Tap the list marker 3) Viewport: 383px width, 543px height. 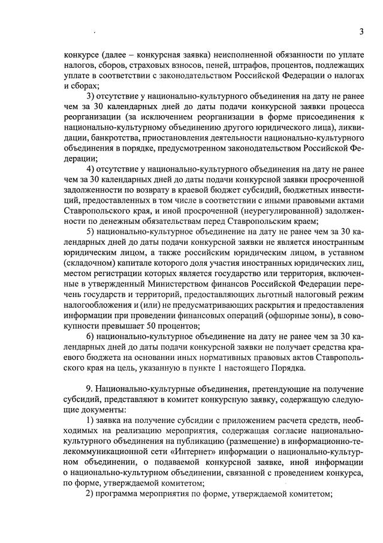92,97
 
